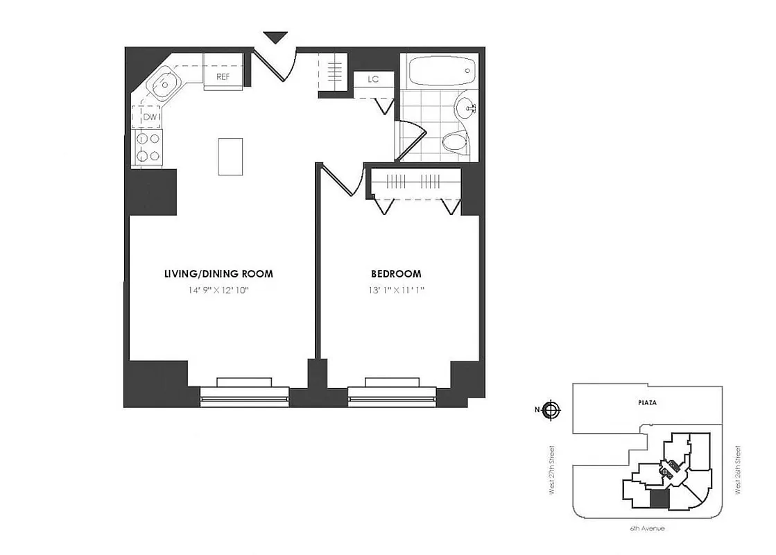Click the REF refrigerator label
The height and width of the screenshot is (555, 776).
223,77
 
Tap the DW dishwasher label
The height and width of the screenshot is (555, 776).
151,117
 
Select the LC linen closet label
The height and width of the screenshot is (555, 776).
373,79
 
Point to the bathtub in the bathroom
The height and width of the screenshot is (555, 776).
441,71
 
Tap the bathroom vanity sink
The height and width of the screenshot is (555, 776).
466,108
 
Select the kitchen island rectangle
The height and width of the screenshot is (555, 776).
230,156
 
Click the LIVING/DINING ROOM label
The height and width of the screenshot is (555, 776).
218,274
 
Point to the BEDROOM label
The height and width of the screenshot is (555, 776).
396,274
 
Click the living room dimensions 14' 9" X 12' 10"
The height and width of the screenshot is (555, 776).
218,291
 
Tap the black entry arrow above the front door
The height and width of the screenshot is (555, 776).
275,37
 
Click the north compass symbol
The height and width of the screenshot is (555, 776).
551,409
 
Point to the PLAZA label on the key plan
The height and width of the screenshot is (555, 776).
647,402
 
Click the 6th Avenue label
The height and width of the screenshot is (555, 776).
647,529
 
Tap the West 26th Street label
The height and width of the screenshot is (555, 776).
740,470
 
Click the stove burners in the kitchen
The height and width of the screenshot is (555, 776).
148,147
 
